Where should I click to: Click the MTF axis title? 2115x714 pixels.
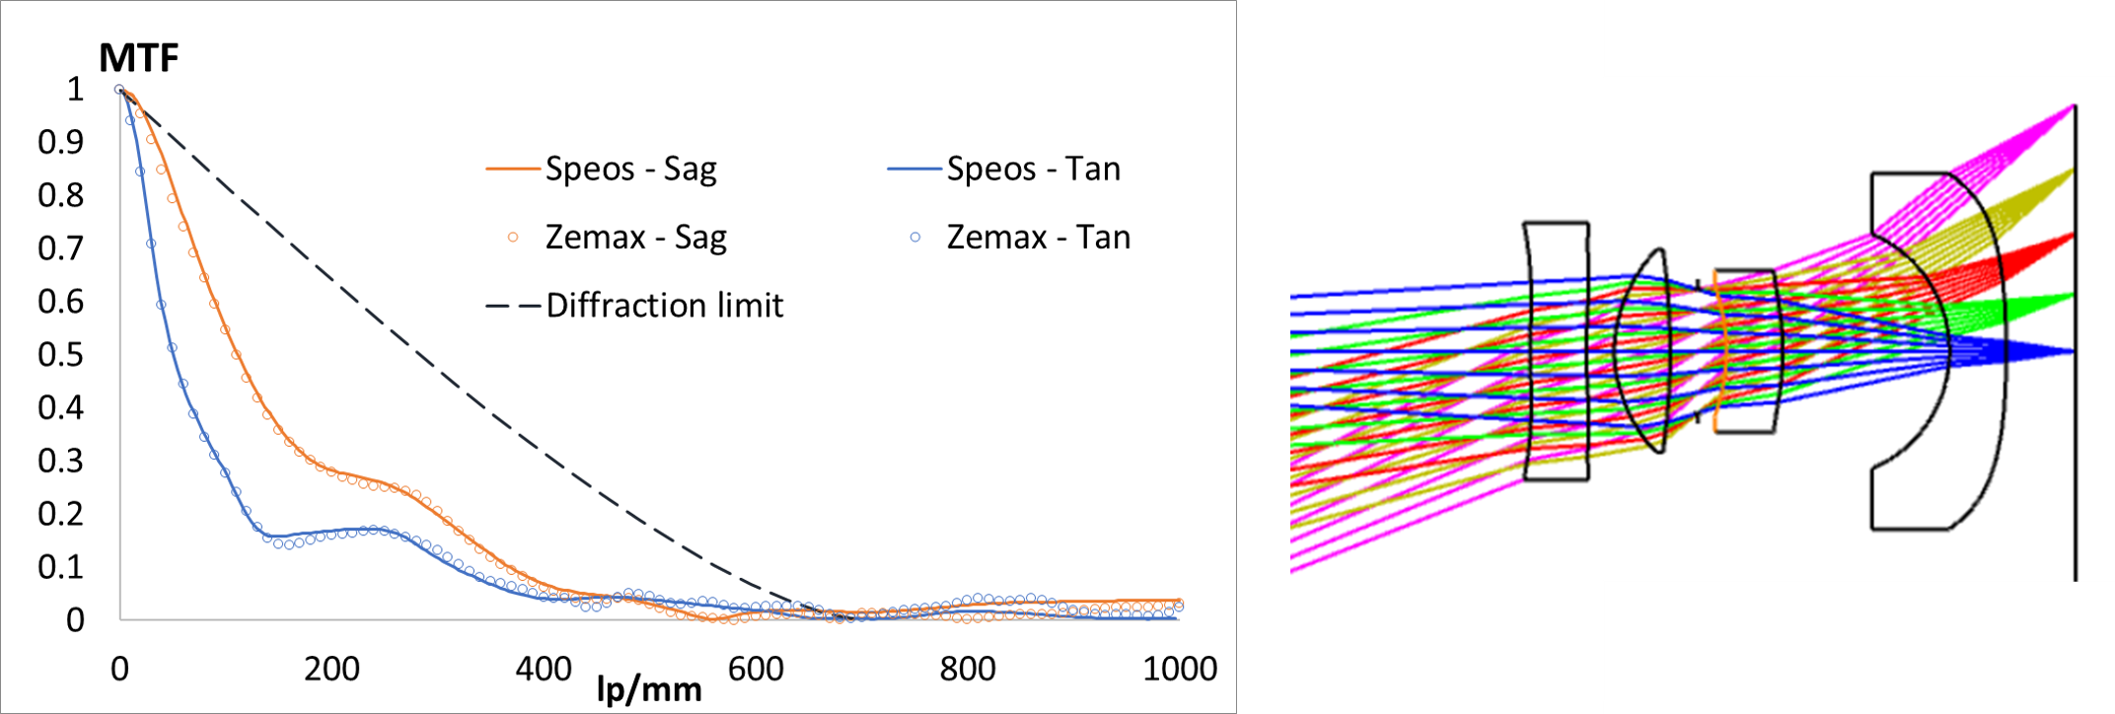click(x=139, y=58)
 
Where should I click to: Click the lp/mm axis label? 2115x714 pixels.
click(x=649, y=688)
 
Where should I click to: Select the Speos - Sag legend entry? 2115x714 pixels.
click(x=630, y=169)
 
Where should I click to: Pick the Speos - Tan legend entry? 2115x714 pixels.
click(x=1033, y=169)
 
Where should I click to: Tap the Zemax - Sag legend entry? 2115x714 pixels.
click(x=635, y=237)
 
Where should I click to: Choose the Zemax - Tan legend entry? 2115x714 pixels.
click(x=1038, y=237)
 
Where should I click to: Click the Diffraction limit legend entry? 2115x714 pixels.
click(x=664, y=305)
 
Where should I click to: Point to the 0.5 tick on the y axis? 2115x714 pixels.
click(x=60, y=354)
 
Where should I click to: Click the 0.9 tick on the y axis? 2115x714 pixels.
click(x=60, y=142)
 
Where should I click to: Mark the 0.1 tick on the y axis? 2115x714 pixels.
click(x=60, y=566)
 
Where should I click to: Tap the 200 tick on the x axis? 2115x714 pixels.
click(x=331, y=669)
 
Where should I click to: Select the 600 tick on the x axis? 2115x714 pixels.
click(x=756, y=669)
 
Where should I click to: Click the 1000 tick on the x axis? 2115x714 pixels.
click(x=1179, y=669)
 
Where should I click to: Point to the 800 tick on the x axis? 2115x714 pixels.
click(x=968, y=669)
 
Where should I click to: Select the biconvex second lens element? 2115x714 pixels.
click(x=1642, y=351)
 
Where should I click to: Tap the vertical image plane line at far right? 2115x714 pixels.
click(x=2075, y=444)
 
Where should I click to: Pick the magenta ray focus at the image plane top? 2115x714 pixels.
click(x=2073, y=107)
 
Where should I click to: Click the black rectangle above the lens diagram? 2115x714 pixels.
click(x=1859, y=37)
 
